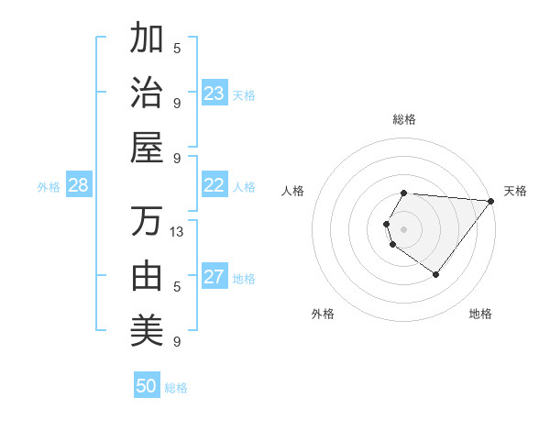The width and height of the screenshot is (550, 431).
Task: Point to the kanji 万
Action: coord(148,220)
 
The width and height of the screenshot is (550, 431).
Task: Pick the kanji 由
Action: coord(148,275)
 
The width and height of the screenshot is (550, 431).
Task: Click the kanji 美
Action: coord(148,330)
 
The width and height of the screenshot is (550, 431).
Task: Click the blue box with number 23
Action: coord(214,94)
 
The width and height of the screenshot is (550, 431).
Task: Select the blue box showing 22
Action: coord(214,185)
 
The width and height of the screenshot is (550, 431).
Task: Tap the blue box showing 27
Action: coord(214,277)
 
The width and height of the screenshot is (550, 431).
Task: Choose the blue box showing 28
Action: coord(78,185)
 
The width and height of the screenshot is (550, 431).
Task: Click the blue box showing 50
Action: coord(147,386)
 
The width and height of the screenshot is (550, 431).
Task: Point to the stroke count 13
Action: coord(178,232)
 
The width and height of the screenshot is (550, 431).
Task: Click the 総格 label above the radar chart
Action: coord(404,119)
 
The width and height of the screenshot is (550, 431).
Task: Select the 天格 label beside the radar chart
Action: coord(515,191)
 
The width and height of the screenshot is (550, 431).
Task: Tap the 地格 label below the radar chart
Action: coord(480,314)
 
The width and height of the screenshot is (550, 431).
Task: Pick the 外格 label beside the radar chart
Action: coord(323,314)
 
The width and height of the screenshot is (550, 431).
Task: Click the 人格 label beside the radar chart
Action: coord(293,191)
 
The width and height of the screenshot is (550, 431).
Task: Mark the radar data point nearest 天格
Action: coord(491,201)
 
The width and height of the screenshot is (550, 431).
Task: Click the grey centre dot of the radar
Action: coord(404,228)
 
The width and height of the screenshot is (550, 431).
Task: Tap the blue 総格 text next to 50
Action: coord(177,388)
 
